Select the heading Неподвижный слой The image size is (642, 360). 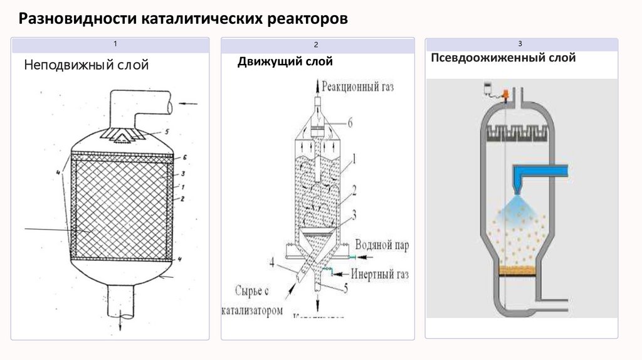pos(87,65)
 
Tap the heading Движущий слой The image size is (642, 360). pos(285,61)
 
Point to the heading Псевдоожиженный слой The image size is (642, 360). pos(503,58)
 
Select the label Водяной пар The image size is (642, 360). pos(381,246)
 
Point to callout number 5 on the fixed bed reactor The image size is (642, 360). pos(167,132)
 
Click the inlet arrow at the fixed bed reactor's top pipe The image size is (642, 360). pos(189,103)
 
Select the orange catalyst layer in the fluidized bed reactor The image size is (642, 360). pos(515,270)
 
